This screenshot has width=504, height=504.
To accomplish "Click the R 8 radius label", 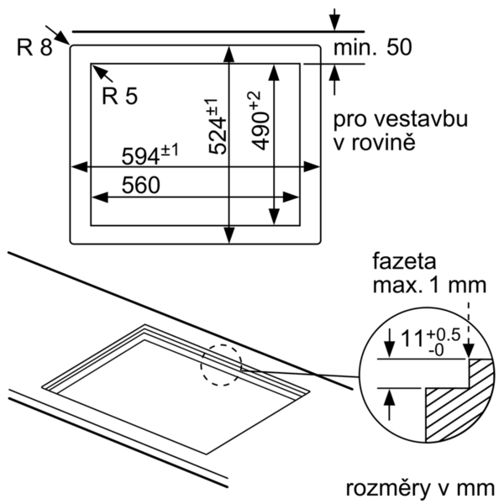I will click(34, 47).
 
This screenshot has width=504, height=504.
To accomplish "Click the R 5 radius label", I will click(120, 96).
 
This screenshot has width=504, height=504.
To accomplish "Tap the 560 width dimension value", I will click(141, 186).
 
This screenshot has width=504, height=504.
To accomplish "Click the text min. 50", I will click(374, 48).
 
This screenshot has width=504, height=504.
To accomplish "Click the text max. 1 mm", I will click(428, 286).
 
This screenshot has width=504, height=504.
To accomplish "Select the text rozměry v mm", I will click(419, 487).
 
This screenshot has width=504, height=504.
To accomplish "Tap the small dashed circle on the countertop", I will click(220, 365).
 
